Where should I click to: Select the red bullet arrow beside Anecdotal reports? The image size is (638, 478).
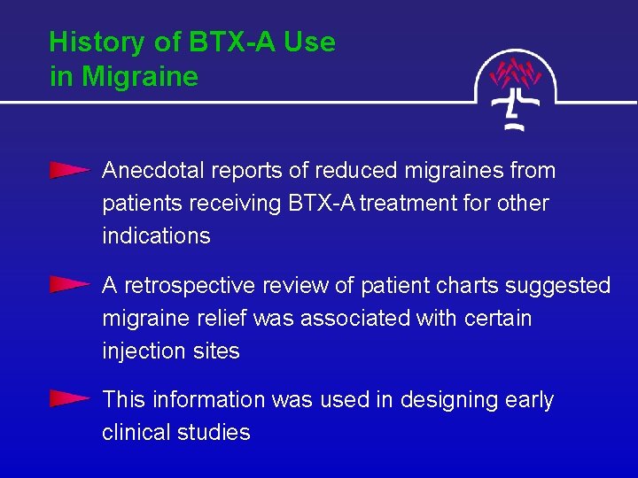click(69, 170)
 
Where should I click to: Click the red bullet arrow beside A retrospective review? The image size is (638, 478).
click(69, 285)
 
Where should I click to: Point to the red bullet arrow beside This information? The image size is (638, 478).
click(69, 399)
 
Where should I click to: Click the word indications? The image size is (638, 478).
click(156, 235)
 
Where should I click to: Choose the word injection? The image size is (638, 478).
click(142, 351)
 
